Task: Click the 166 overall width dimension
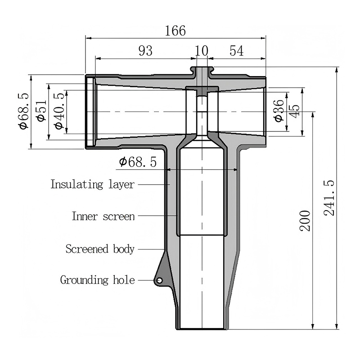(x=175, y=31)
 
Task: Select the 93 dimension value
(x=145, y=51)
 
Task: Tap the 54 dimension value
(x=237, y=51)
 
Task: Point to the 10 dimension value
(x=202, y=51)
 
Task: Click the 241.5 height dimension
(x=329, y=198)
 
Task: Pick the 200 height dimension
(x=305, y=220)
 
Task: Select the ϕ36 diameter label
(x=279, y=111)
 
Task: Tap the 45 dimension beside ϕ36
(x=295, y=111)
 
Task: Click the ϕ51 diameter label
(x=41, y=111)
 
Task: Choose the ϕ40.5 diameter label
(x=59, y=111)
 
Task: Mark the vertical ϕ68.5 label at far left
(x=23, y=111)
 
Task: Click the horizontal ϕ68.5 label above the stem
(x=138, y=162)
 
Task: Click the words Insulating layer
(x=92, y=184)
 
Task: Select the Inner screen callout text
(x=103, y=216)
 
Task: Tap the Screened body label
(x=100, y=249)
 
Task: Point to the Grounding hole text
(x=97, y=280)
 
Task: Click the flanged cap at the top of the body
(x=202, y=69)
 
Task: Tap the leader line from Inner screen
(x=157, y=216)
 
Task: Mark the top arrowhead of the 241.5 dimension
(x=337, y=70)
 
